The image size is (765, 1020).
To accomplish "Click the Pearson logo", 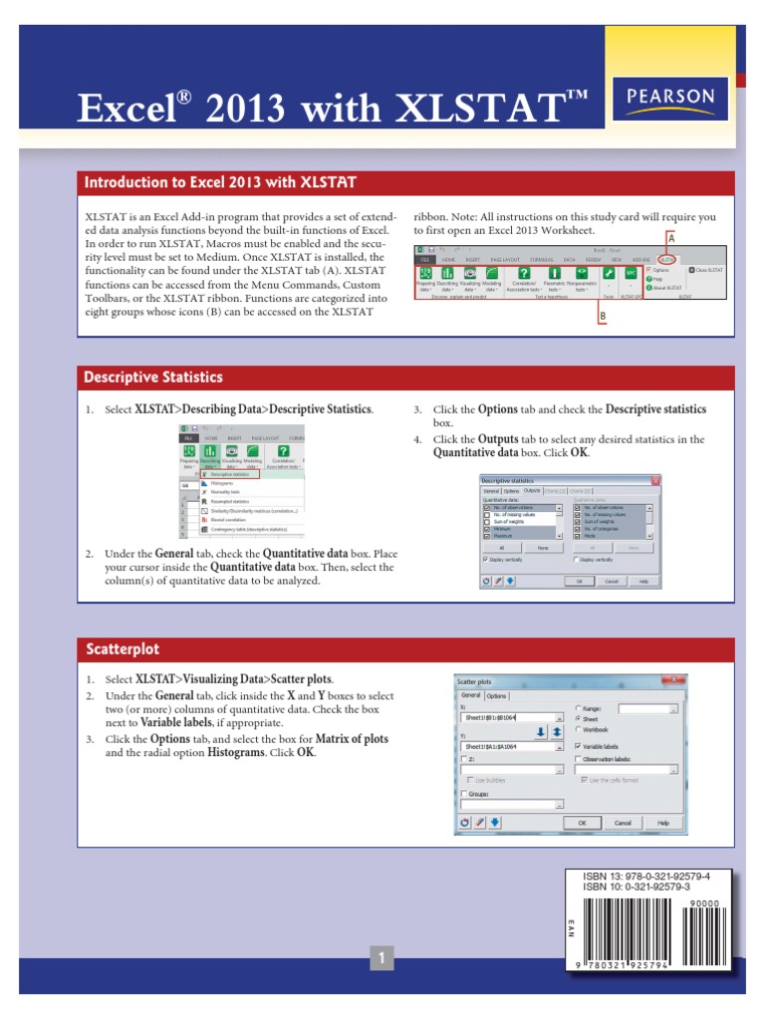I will pos(671,98).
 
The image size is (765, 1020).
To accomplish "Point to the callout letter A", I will pos(670,239).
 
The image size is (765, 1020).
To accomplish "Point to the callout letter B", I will pos(602,317).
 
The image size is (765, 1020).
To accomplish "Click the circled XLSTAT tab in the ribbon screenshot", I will pos(665,258).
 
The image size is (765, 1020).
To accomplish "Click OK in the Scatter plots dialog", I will pos(583,823).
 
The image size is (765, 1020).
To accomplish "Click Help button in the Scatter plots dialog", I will pos(663,823).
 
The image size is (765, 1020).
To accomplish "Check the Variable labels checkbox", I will pos(579,745).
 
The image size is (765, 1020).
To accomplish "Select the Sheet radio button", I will pos(579,717).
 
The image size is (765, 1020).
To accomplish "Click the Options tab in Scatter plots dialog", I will pos(496,695).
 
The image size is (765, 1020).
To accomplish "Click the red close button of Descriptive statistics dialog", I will pos(655,481).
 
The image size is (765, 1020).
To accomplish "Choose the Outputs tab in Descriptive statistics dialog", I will pos(532,490).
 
